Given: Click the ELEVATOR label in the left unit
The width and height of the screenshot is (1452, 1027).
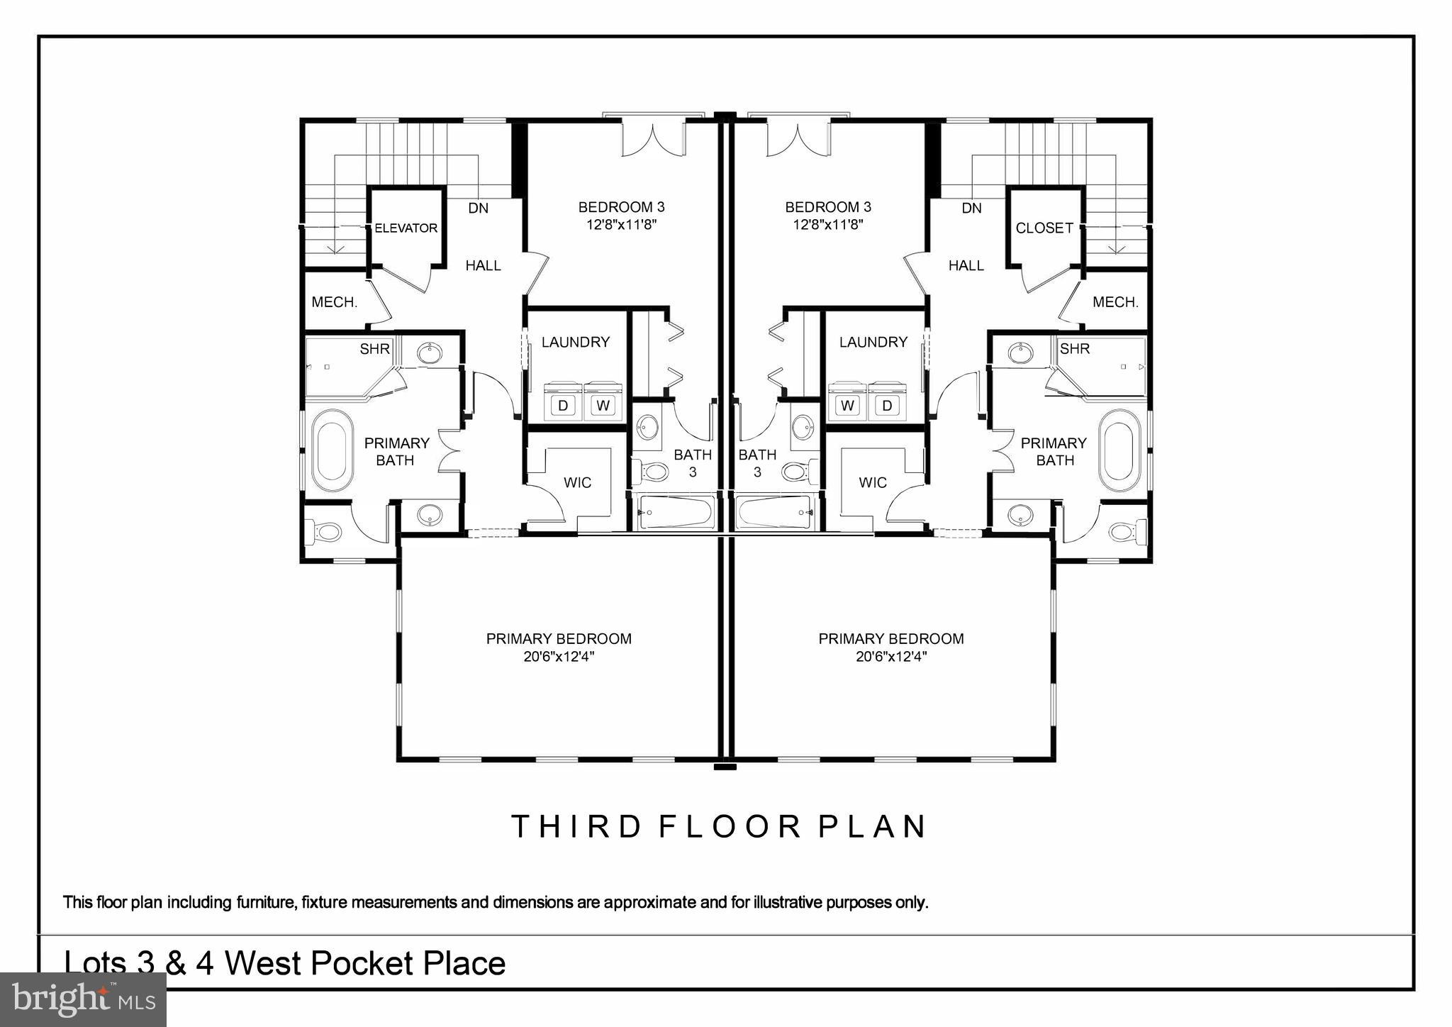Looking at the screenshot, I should tap(406, 228).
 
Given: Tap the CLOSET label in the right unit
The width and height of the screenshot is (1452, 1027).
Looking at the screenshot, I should tap(1044, 228).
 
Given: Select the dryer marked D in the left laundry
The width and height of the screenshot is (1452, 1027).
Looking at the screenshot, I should tap(563, 405).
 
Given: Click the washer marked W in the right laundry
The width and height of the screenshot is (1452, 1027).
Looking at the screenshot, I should tap(847, 405).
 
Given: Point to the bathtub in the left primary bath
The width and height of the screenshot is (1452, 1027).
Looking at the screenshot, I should tap(333, 451).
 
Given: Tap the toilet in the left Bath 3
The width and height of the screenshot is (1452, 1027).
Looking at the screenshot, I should tap(651, 471).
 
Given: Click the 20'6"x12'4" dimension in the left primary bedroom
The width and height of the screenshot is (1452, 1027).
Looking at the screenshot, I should tap(559, 657).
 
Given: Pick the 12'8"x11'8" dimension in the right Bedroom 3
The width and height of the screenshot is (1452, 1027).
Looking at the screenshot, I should tap(827, 225).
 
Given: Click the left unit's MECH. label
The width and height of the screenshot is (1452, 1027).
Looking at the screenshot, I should tap(335, 302).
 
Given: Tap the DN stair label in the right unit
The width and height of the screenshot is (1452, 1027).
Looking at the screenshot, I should tap(971, 209).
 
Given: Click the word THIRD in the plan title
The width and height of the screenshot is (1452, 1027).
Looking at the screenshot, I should tap(575, 827).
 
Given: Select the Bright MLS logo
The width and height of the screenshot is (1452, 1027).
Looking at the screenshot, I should tap(83, 999).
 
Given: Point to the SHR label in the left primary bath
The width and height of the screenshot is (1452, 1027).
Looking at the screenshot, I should tap(374, 349).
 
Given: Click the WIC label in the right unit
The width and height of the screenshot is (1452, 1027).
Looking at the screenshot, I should tap(872, 483).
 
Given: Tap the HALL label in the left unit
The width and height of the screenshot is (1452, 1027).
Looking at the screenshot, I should tap(483, 266).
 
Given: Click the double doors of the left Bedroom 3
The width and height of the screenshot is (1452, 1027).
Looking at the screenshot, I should tap(654, 139).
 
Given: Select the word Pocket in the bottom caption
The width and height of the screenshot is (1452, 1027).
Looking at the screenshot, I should tap(362, 963).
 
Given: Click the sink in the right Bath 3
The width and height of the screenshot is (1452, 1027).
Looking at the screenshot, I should tap(803, 427).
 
